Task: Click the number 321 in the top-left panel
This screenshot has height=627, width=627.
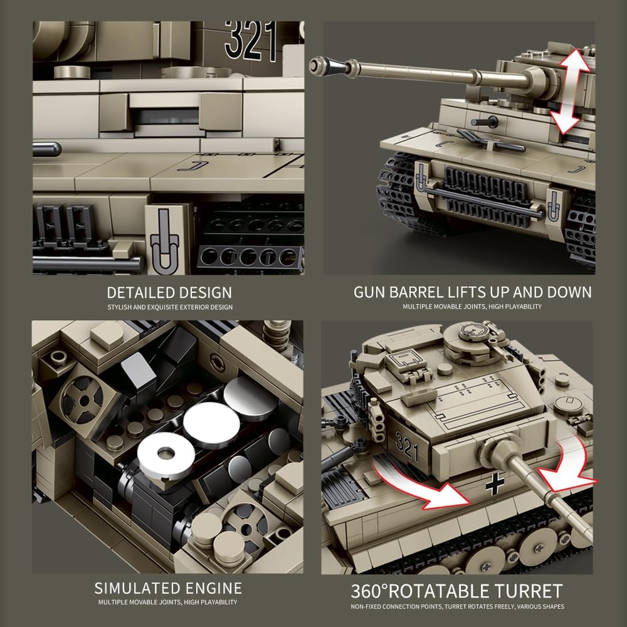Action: tap(251, 40)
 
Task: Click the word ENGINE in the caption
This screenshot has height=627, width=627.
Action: tap(210, 588)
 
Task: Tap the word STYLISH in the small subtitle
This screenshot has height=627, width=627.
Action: tap(120, 307)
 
